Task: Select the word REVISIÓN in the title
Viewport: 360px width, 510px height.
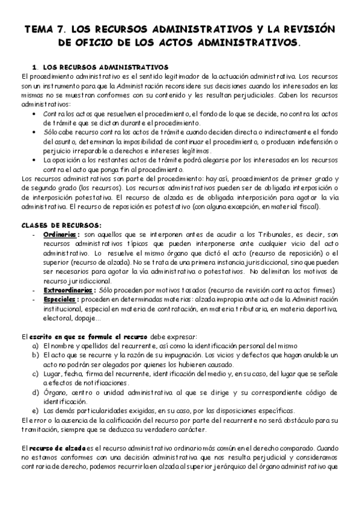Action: click(x=304, y=29)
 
